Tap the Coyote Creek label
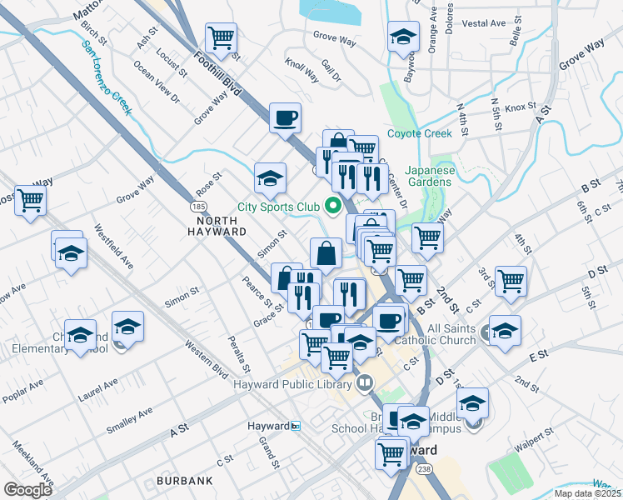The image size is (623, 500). point(419,133)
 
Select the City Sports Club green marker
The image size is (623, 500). point(334,204)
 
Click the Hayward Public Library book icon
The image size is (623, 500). point(364,383)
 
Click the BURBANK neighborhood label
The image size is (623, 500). point(184,481)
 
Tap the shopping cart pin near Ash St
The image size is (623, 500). point(221,37)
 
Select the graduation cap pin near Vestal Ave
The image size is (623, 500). point(403,37)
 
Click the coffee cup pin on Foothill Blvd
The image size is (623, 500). point(285,117)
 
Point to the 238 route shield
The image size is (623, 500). point(423,469)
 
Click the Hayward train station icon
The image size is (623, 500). point(296,426)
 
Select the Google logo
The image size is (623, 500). point(28,489)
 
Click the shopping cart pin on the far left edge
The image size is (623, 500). point(30,200)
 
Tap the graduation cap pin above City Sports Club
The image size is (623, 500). point(270,177)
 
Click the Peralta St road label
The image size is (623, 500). point(239,353)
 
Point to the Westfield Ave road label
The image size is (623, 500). point(113,247)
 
